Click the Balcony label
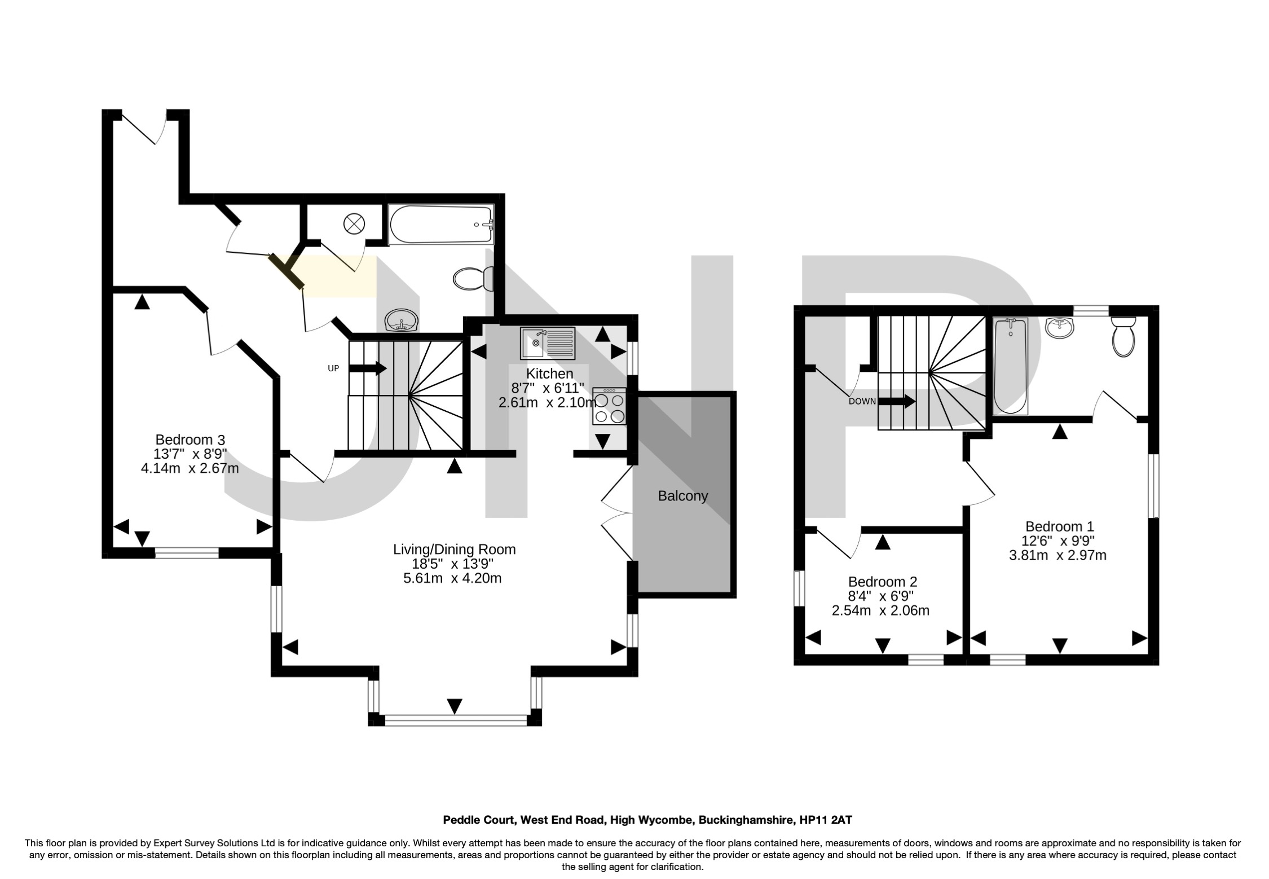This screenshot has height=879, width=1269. [x=682, y=496]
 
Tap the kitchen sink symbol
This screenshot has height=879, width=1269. [x=548, y=343]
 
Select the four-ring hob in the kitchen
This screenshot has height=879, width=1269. [x=610, y=406]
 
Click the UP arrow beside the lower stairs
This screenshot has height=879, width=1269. [x=368, y=368]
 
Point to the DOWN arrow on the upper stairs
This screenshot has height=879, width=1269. [x=897, y=402]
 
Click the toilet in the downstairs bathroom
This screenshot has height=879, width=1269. [x=473, y=278]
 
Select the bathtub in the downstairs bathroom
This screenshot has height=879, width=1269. [x=440, y=224]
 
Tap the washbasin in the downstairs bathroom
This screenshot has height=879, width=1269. [x=402, y=322]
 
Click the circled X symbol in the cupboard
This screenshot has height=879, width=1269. [x=354, y=223]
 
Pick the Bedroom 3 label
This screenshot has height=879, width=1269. [x=190, y=439]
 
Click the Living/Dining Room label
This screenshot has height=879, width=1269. [x=454, y=549]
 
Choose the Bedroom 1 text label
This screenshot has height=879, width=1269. [x=1059, y=526]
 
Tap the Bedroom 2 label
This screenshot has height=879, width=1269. [x=882, y=582]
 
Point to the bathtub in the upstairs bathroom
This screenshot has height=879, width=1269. [x=1010, y=367]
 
